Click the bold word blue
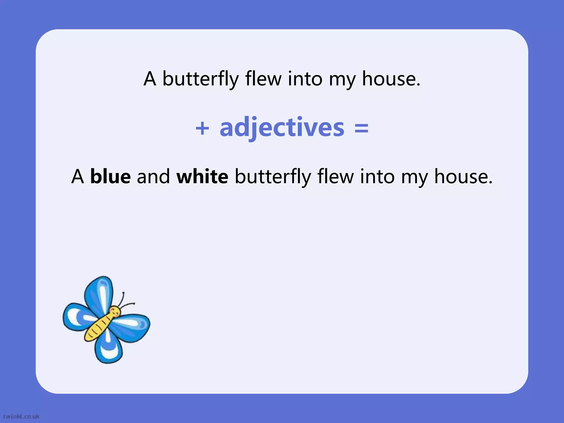[110, 177]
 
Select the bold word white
[202, 177]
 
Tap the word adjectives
[282, 128]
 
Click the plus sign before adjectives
[202, 128]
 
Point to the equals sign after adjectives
[361, 128]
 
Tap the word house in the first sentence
[391, 79]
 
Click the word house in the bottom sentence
[463, 177]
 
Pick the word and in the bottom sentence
[153, 177]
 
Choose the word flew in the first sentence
[263, 79]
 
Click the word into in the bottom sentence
[377, 177]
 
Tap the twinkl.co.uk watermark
[21, 416]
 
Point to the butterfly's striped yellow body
[98, 328]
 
